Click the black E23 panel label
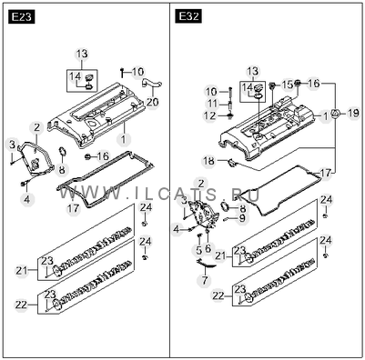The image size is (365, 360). (22, 17)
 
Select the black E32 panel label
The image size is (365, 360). (188, 16)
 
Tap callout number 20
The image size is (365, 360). (152, 102)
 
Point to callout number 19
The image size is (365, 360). (353, 114)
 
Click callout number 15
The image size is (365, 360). (287, 85)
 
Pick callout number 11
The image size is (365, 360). (212, 104)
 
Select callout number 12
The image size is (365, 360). (210, 115)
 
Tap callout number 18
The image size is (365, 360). (208, 161)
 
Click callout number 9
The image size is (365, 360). (242, 218)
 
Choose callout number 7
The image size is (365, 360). (205, 280)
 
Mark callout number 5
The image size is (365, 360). (198, 250)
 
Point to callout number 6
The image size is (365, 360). (208, 248)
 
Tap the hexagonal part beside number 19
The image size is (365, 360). (335, 115)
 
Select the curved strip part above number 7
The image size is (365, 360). (207, 264)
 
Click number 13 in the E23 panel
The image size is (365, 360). (82, 54)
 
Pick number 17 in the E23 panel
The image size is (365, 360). (73, 208)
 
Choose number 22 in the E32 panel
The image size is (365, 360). (218, 295)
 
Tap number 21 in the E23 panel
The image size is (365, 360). (22, 270)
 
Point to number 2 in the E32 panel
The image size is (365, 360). (201, 184)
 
